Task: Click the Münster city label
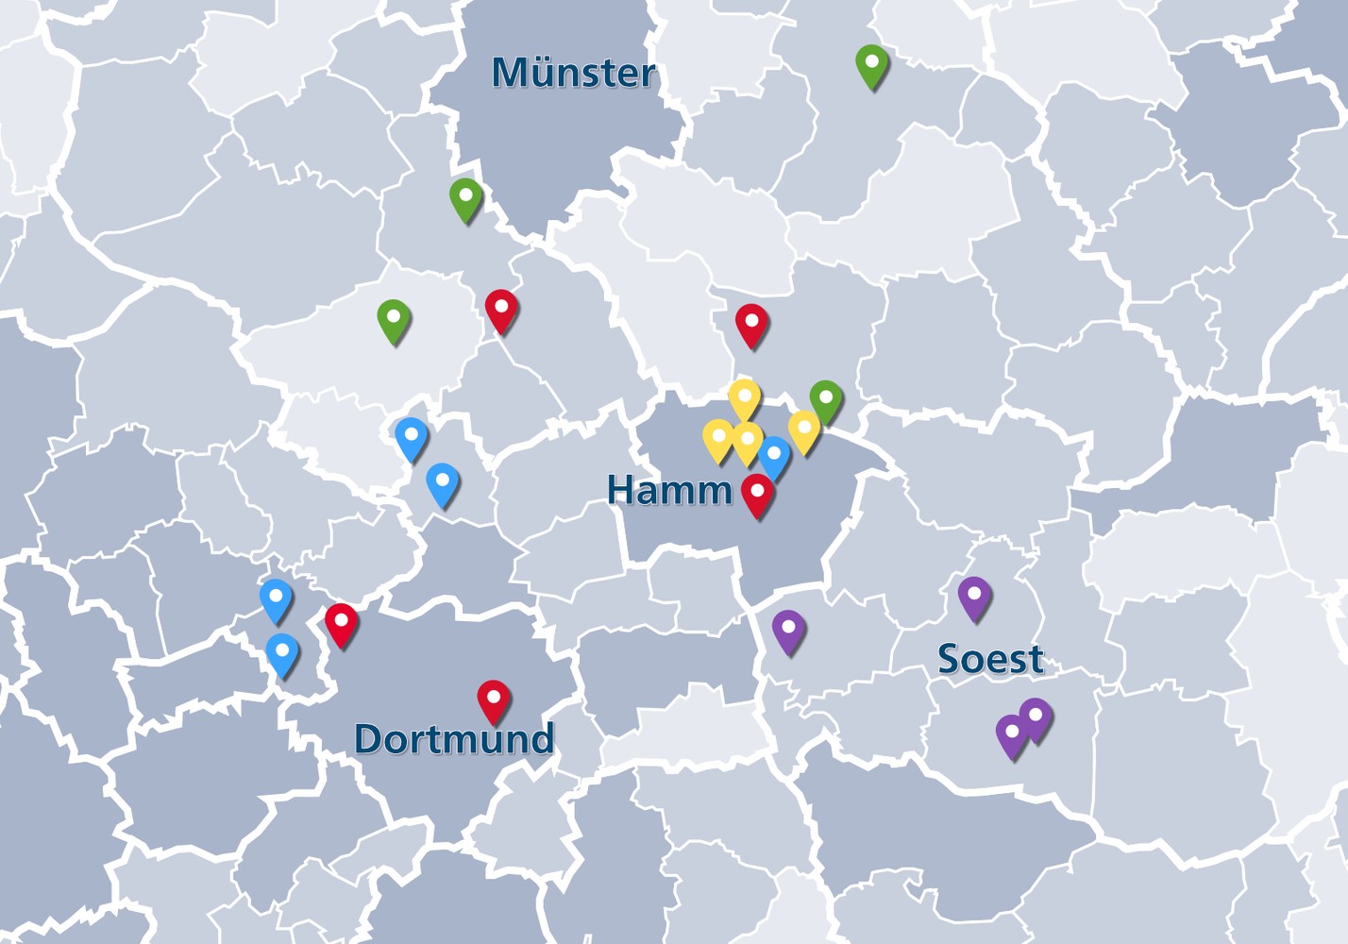tap(573, 73)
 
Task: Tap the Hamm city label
tap(669, 490)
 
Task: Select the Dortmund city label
tap(454, 738)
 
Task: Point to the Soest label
tap(990, 659)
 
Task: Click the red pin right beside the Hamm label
tap(757, 495)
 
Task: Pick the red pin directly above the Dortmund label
tap(494, 700)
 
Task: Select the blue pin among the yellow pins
tap(774, 457)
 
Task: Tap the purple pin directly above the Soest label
tap(974, 597)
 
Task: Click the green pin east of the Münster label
tap(872, 65)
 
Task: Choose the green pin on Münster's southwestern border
tap(465, 198)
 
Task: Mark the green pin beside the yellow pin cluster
tap(826, 400)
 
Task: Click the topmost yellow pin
tap(744, 398)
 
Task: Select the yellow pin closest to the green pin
tap(804, 430)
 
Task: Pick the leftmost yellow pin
tap(718, 440)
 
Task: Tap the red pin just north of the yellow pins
tap(751, 325)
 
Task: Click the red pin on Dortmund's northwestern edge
tap(341, 624)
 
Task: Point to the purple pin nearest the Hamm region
tap(788, 631)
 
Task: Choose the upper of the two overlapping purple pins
tap(1036, 718)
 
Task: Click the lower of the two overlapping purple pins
tap(1012, 735)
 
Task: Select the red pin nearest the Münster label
tap(501, 310)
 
